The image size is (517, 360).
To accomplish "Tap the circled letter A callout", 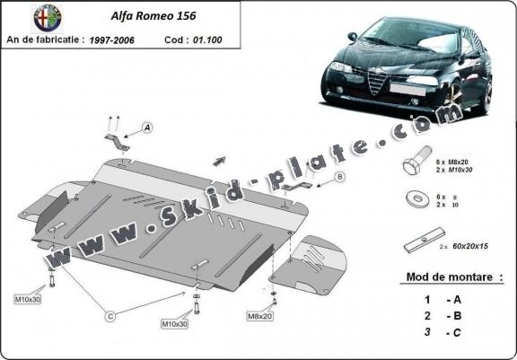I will (x=147, y=128).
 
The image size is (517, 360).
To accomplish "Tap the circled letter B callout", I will (x=340, y=178).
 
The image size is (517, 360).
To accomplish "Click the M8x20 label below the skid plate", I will (x=259, y=316).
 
